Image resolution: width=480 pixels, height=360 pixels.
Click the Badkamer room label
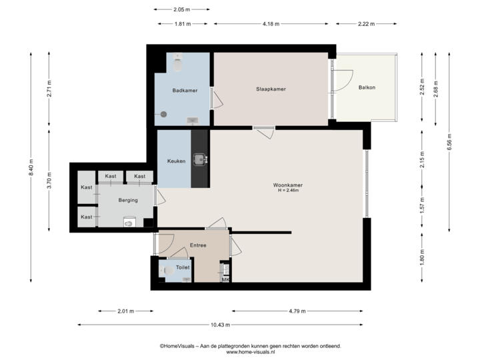click(x=184, y=90)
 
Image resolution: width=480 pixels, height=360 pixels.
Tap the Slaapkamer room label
click(x=271, y=89)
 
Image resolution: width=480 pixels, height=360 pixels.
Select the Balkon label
click(x=366, y=87)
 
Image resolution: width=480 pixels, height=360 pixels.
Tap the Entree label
click(x=198, y=245)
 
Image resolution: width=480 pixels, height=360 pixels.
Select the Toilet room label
click(x=183, y=267)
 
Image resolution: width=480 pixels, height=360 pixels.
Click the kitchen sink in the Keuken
click(x=199, y=159)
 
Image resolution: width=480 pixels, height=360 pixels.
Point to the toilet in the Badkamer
click(x=178, y=64)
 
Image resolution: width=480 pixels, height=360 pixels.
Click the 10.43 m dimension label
click(x=220, y=325)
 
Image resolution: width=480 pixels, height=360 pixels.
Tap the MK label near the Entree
click(x=225, y=280)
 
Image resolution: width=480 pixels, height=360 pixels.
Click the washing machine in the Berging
click(x=129, y=223)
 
